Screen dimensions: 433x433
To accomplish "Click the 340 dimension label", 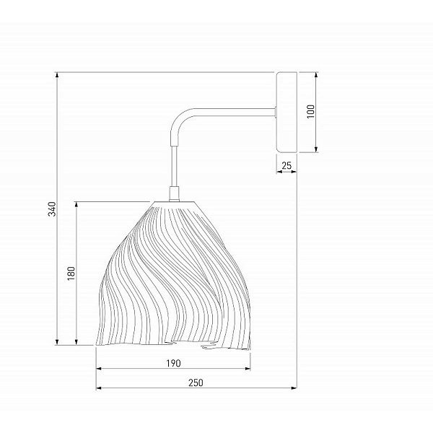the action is [52, 209].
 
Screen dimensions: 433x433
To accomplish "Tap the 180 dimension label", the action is [71, 274].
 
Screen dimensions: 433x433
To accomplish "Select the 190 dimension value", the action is [173, 364].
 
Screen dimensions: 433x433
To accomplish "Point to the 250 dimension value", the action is [196, 382].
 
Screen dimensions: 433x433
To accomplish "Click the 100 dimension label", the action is [310, 111].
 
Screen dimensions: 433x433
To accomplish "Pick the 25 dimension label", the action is [287, 165].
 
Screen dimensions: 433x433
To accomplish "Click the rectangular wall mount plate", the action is [287, 112].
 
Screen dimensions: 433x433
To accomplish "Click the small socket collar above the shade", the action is [174, 194].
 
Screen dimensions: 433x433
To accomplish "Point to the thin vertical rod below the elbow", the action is [174, 166].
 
